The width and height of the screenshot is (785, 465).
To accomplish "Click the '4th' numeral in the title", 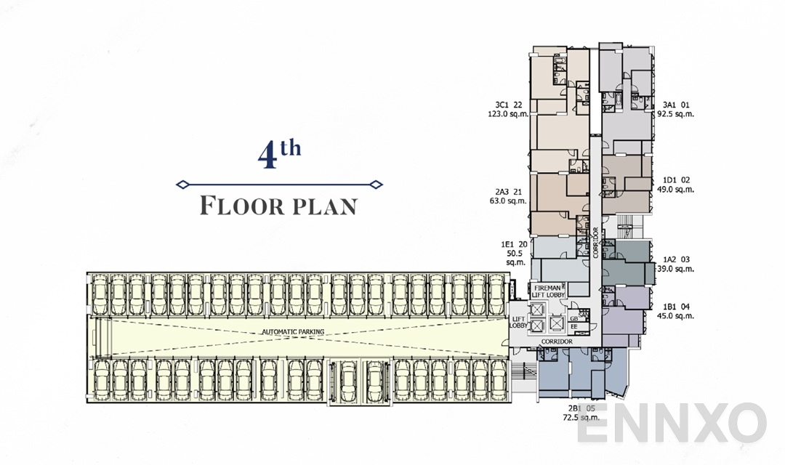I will [x=279, y=155].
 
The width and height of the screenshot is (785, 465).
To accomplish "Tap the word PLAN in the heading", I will [x=325, y=206].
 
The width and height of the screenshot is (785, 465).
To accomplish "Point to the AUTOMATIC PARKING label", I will [x=293, y=332].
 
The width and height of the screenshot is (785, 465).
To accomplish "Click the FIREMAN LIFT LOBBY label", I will [x=549, y=291].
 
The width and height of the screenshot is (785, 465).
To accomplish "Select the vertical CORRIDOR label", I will [x=595, y=243].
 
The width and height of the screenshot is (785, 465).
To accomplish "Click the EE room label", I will [x=573, y=327].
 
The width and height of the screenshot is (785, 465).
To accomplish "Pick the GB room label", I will [x=573, y=318].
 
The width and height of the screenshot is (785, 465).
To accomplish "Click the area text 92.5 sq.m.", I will [x=675, y=113].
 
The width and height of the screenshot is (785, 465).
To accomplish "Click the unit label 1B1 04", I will [x=676, y=306].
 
